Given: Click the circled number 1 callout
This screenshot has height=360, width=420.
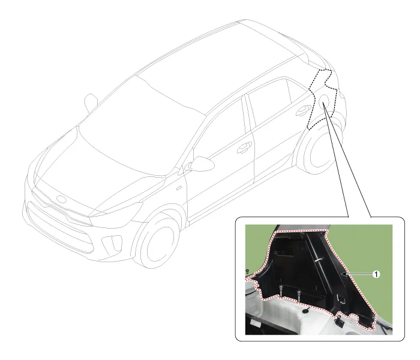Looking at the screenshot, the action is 376,274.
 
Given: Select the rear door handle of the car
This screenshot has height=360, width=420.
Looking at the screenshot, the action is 303,110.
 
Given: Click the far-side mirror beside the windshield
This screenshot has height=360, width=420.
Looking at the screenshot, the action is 91,102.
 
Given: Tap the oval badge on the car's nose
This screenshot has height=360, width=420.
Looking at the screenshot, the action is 62,199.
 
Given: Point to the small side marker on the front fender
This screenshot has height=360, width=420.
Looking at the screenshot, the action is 179,188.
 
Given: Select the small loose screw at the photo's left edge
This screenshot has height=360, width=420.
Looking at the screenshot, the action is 247,272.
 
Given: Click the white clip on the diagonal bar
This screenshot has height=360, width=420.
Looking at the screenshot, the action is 318,260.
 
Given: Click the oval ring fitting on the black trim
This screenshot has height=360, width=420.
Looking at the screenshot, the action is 341,298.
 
